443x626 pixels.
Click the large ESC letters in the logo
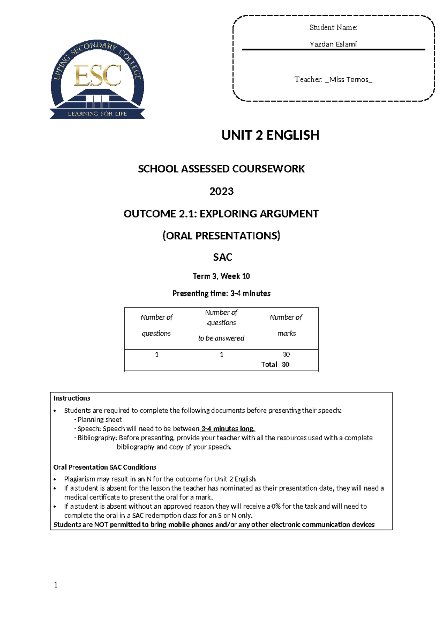98,76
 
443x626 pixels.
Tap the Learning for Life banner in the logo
97,114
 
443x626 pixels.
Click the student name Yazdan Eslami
333,44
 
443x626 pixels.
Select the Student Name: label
333,28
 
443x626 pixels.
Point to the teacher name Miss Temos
349,80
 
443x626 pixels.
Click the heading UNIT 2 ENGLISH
270,135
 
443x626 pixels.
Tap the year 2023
221,191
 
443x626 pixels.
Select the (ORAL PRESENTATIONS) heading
221,236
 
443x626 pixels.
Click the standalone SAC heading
222,257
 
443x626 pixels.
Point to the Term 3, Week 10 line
221,276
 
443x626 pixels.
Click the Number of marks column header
286,325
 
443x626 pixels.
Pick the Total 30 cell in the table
275,364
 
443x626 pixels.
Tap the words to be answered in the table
221,338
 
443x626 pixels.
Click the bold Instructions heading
72,398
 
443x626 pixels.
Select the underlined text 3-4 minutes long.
228,429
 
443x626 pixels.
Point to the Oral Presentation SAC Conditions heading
104,467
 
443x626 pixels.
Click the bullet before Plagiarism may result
55,479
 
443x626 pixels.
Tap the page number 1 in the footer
56,585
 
